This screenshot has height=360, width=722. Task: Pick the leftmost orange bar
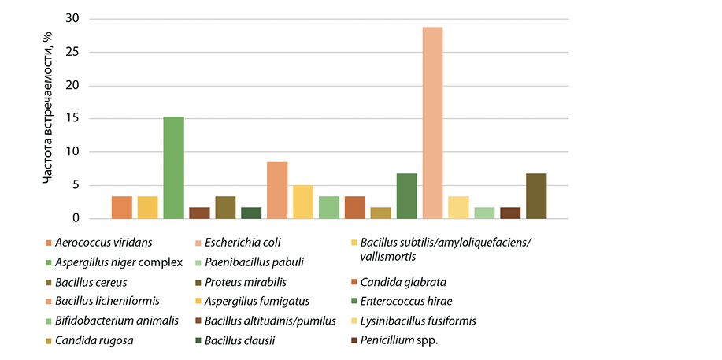click(122, 207)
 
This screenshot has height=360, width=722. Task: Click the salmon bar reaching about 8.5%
click(277, 191)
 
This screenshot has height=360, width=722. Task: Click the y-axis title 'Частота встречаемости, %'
click(48, 118)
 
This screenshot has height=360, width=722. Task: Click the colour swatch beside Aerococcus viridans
click(49, 243)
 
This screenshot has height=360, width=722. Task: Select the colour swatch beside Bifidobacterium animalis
click(49, 321)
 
